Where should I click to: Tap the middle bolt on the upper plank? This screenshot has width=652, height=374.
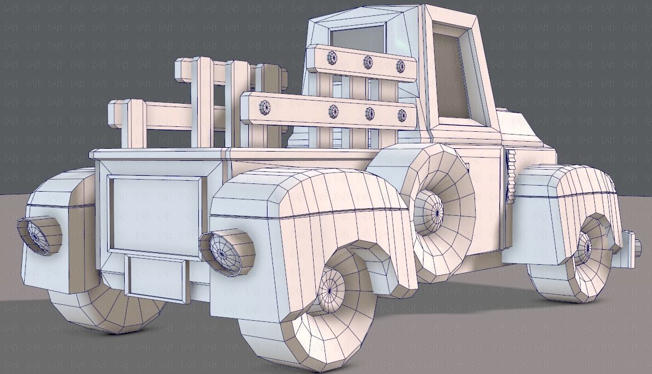pyautogui.click(x=368, y=62)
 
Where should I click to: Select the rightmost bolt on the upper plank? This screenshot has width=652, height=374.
pyautogui.click(x=400, y=66)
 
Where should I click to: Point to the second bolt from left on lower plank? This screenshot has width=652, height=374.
pyautogui.click(x=333, y=111)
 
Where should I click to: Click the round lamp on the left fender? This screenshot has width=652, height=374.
pyautogui.click(x=39, y=236)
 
